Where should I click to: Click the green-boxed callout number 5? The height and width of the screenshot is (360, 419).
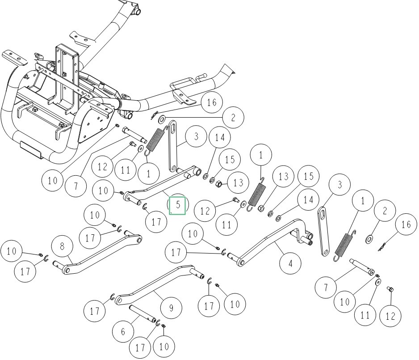(178, 205)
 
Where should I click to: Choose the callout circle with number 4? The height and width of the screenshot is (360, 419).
(291, 263)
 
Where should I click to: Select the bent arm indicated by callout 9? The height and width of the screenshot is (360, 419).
(152, 284)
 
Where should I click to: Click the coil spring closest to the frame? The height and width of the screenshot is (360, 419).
(155, 141)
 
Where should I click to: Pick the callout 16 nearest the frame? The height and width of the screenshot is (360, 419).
(211, 103)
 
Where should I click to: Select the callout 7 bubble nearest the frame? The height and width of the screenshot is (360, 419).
(76, 185)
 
